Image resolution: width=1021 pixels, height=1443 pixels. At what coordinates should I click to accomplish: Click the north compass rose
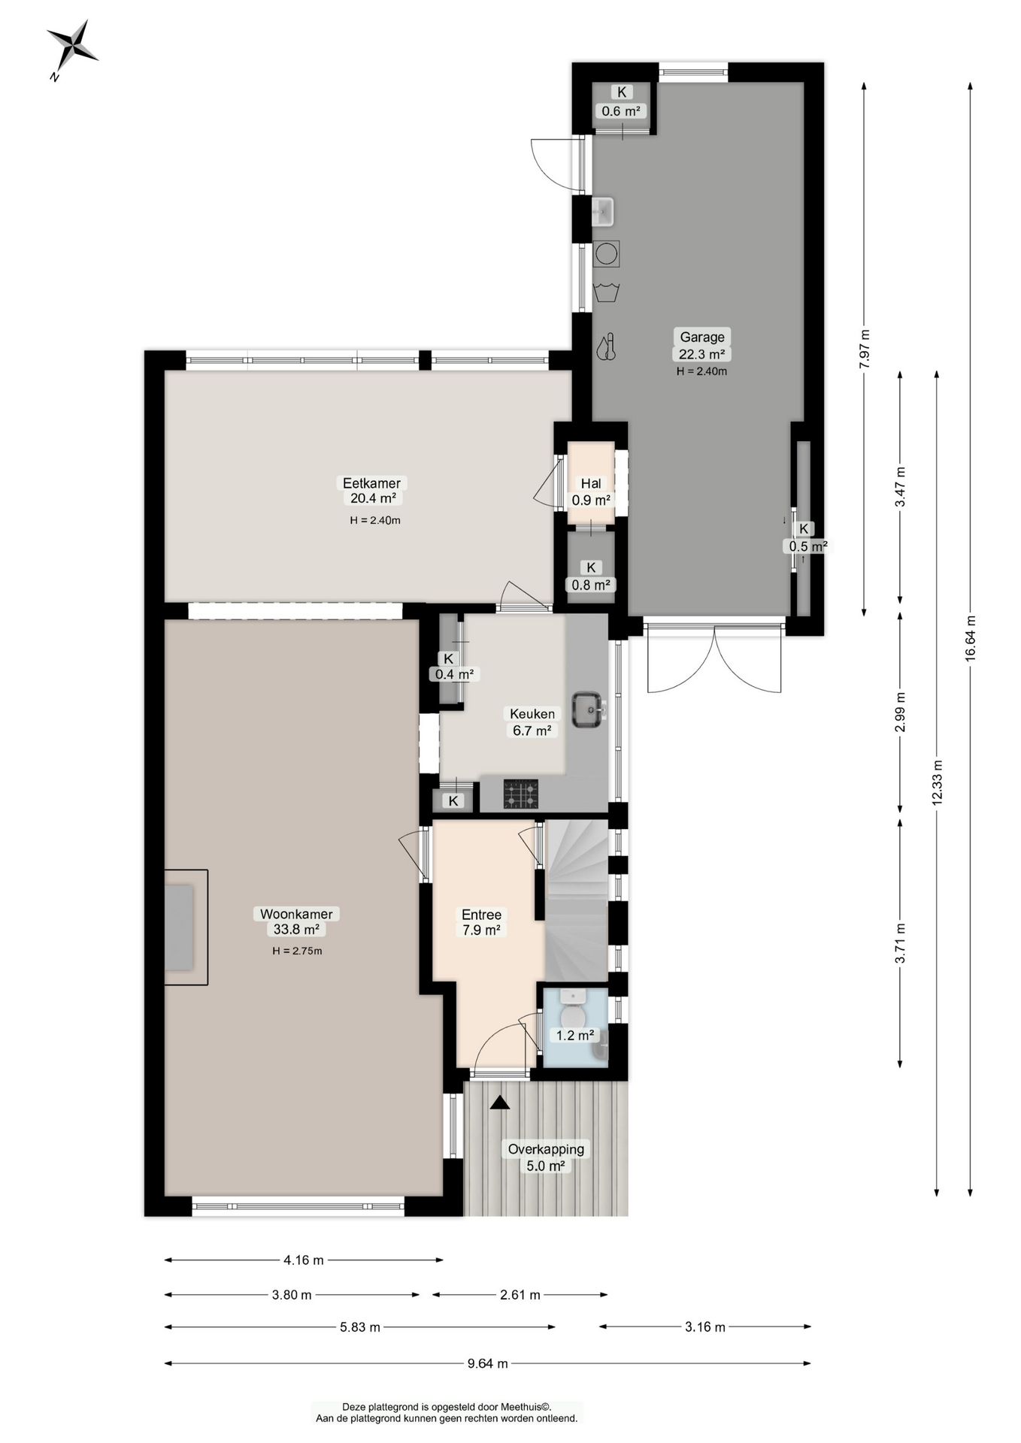(x=72, y=47)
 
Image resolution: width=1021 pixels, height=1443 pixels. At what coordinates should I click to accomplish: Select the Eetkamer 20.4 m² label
(x=372, y=490)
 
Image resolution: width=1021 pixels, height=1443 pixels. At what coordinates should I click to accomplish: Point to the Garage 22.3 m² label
(x=702, y=345)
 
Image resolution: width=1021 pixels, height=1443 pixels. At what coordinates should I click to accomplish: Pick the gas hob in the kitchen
(x=520, y=794)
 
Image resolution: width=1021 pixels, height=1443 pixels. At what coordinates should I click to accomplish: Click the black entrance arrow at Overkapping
(x=500, y=1103)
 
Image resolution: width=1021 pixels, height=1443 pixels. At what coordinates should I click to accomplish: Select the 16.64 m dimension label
(x=971, y=638)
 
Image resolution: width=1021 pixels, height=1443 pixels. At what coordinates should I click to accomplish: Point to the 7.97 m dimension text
(x=864, y=349)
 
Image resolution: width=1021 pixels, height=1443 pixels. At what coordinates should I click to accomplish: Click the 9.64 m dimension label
(x=487, y=1363)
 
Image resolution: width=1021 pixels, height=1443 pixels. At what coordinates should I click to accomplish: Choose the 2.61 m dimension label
(x=520, y=1294)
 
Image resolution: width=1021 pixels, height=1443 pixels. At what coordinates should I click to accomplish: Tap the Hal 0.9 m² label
(x=591, y=492)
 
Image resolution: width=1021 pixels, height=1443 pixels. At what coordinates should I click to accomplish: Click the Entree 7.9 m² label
(x=481, y=922)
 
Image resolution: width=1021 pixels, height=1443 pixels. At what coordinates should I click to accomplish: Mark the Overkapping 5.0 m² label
(x=546, y=1157)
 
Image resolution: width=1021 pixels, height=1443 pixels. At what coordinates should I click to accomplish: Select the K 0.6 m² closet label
(x=622, y=101)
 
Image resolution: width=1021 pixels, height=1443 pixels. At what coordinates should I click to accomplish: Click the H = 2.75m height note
(x=297, y=951)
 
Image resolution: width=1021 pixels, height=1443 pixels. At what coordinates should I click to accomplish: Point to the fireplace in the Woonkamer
(x=186, y=927)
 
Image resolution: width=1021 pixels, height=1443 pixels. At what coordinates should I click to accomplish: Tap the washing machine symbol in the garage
(x=606, y=253)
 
